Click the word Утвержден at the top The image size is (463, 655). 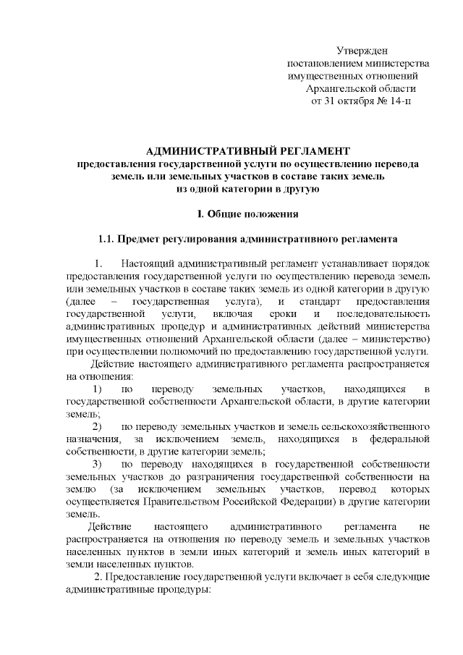tap(362, 50)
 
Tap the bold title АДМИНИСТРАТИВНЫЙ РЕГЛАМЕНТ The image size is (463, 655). tap(247, 151)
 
